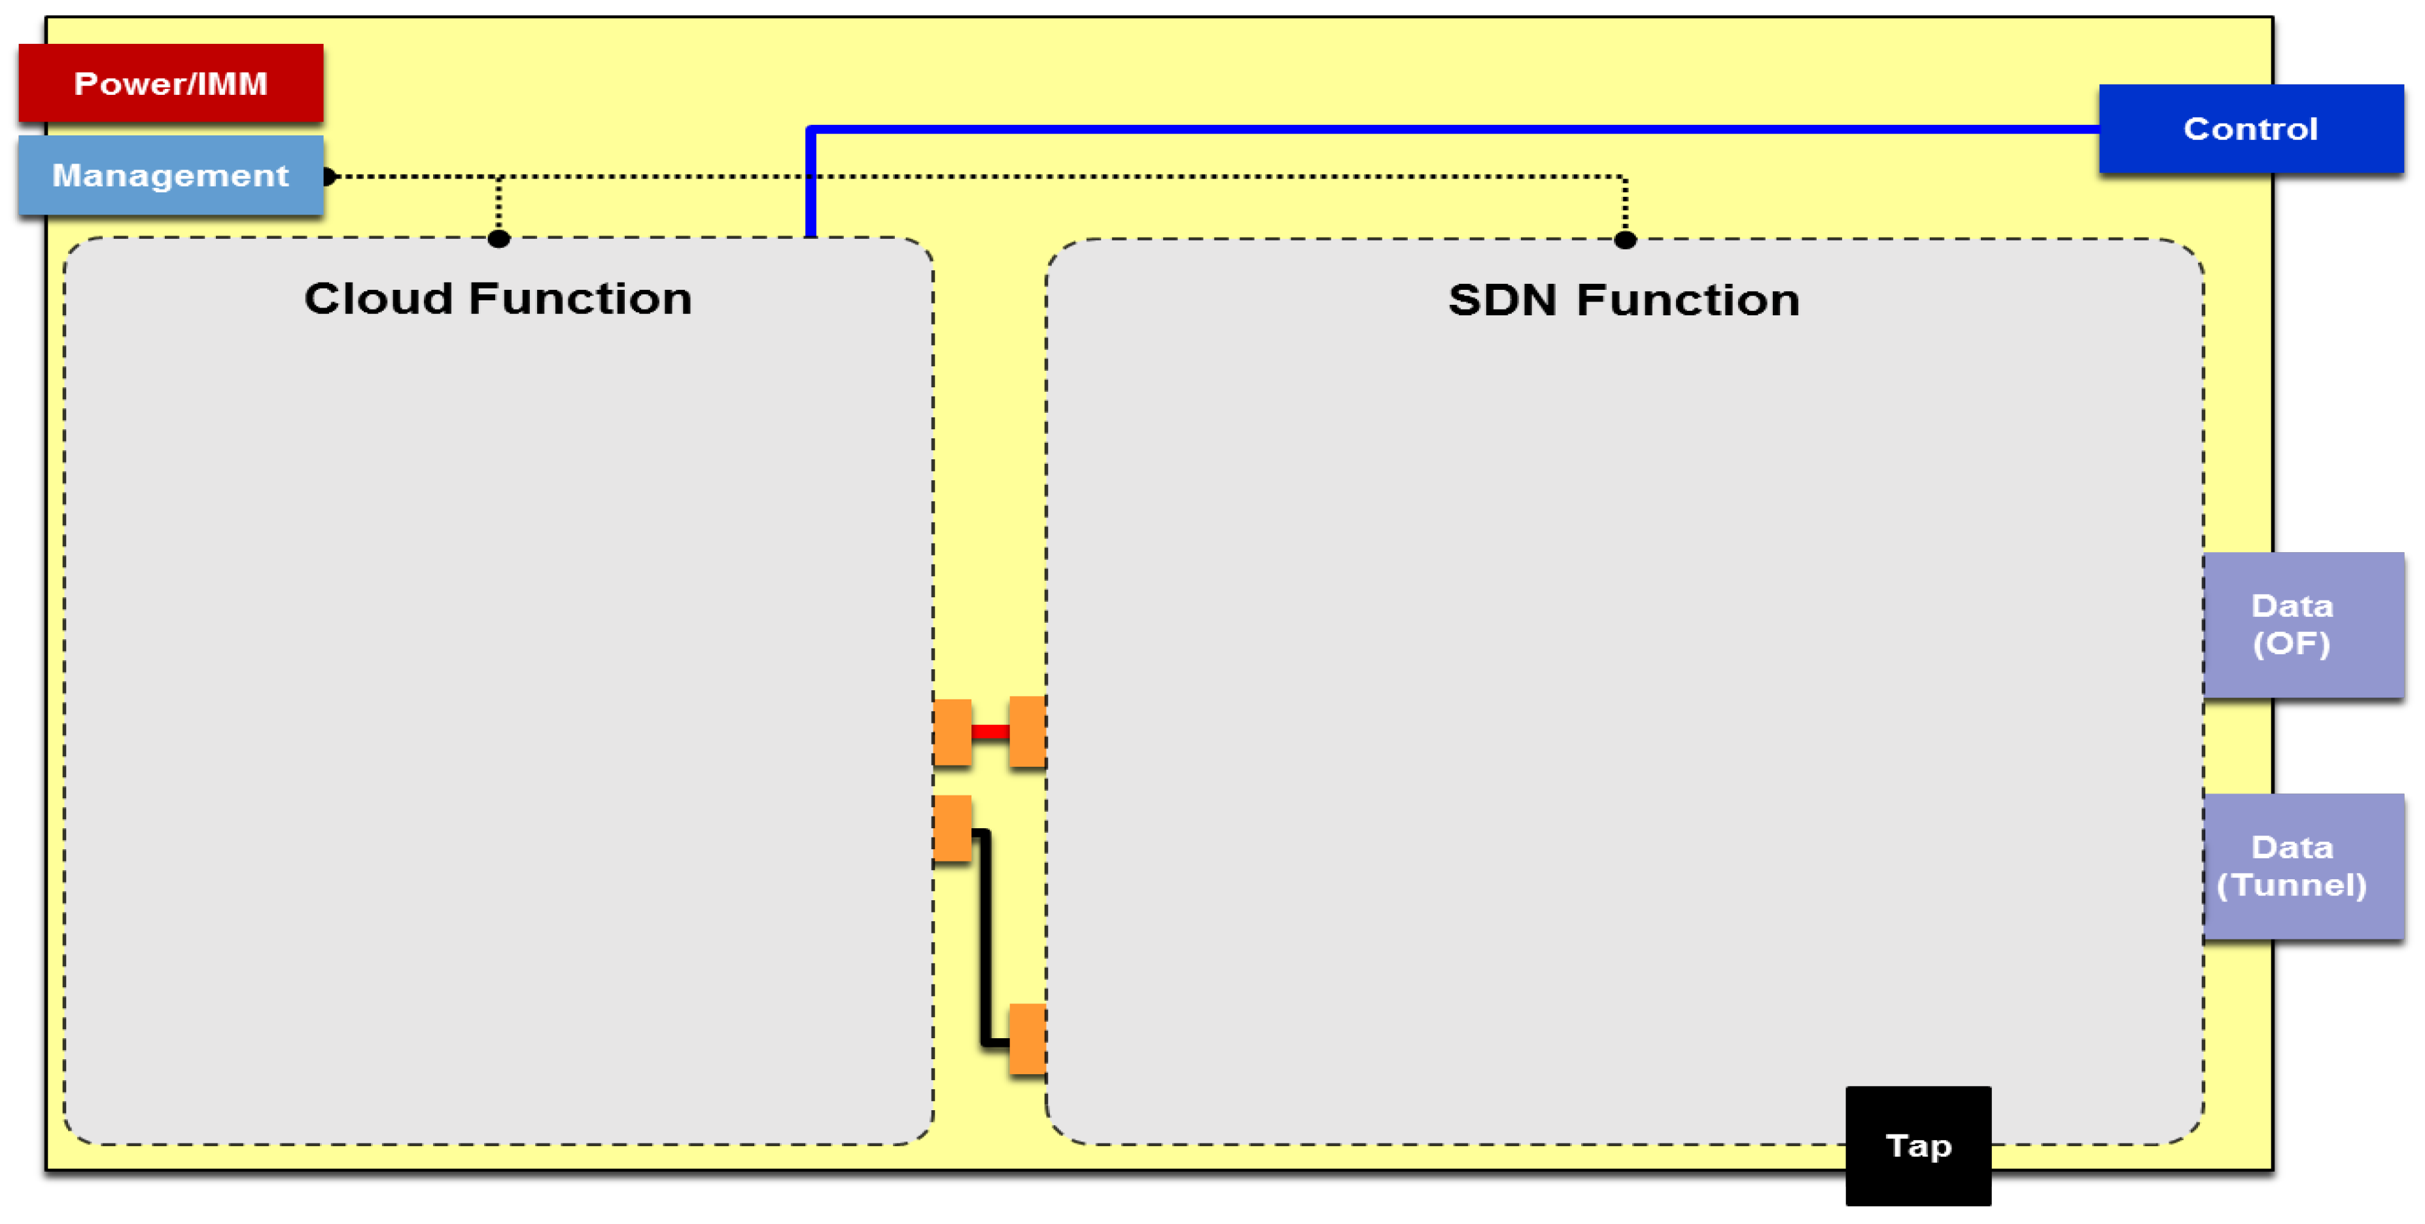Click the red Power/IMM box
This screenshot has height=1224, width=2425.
pyautogui.click(x=170, y=83)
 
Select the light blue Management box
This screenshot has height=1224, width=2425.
pyautogui.click(x=170, y=175)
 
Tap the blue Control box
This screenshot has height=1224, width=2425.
pyautogui.click(x=2250, y=128)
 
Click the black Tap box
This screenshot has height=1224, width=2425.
pyautogui.click(x=1917, y=1145)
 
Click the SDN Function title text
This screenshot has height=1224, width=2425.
pyautogui.click(x=1623, y=300)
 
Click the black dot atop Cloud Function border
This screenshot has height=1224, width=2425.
pyautogui.click(x=499, y=239)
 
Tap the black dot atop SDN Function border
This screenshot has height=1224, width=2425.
pyautogui.click(x=1625, y=240)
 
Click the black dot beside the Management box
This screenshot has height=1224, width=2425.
pyautogui.click(x=328, y=176)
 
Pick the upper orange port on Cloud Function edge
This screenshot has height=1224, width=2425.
pyautogui.click(x=952, y=731)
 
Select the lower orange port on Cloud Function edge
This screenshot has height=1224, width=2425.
pyautogui.click(x=952, y=828)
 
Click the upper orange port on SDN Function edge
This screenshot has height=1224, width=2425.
pyautogui.click(x=1027, y=731)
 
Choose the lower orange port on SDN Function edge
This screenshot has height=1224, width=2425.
pyautogui.click(x=1027, y=1038)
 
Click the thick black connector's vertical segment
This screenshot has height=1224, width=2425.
pyautogui.click(x=985, y=937)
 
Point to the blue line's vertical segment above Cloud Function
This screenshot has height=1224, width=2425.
pyautogui.click(x=811, y=184)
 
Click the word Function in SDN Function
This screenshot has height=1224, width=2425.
pyautogui.click(x=1688, y=300)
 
